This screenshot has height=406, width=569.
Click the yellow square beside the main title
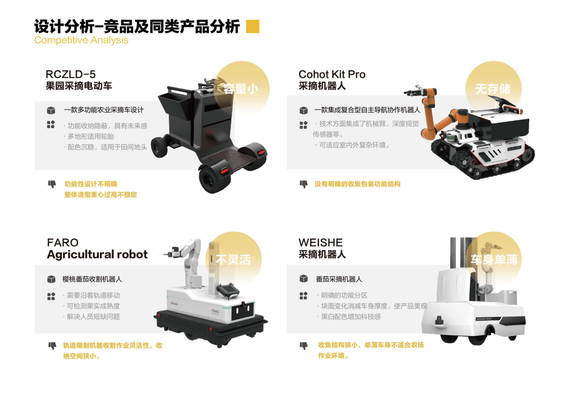[253, 26]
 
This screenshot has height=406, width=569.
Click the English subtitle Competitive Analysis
[81, 40]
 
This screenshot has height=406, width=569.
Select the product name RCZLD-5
[71, 74]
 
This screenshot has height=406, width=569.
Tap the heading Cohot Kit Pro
[332, 74]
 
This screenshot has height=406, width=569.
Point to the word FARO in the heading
[63, 243]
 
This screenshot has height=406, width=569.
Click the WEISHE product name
[320, 243]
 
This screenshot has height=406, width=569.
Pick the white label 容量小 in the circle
[240, 89]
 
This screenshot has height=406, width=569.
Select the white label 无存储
[493, 89]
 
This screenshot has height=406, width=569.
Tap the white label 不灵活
[233, 259]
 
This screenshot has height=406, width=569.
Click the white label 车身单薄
[494, 259]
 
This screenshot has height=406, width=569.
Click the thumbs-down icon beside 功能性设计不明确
[52, 184]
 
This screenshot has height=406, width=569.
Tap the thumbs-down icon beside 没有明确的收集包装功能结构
[303, 184]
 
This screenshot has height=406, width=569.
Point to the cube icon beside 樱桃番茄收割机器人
[51, 279]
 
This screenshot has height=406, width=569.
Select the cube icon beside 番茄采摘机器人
[303, 279]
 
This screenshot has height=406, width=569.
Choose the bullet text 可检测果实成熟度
[93, 306]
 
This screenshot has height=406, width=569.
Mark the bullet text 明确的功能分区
[344, 295]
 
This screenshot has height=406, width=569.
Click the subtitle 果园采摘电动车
[78, 86]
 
